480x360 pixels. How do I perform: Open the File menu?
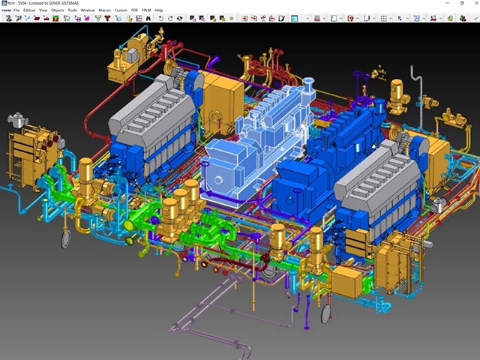(16, 10)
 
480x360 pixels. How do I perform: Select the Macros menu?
(104, 10)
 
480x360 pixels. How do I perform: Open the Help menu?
(158, 10)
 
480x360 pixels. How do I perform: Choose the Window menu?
(88, 10)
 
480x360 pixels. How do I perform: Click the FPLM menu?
(145, 10)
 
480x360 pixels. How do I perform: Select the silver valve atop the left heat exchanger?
(16, 120)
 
